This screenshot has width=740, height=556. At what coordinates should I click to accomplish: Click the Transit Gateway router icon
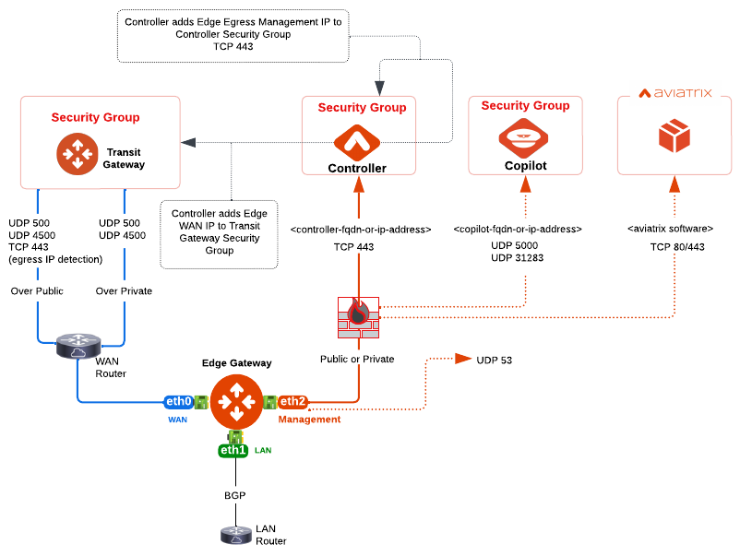77,154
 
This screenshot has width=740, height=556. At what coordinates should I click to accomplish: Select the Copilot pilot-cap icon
524,139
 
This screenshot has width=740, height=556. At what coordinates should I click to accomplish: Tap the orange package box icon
674,136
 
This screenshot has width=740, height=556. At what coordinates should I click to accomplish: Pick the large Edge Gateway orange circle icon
236,402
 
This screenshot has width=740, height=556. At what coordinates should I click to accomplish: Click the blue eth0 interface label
178,402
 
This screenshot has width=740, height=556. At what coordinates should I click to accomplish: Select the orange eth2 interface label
292,402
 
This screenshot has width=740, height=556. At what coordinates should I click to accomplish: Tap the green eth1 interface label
233,450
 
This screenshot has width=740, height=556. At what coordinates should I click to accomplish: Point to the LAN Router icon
235,534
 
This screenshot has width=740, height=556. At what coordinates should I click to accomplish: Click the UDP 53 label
494,359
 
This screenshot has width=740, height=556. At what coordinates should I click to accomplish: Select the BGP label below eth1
235,495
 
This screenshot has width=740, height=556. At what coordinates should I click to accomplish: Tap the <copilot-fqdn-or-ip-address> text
517,228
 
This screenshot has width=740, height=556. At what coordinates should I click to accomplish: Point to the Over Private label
124,291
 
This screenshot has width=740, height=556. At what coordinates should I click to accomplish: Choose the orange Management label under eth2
309,420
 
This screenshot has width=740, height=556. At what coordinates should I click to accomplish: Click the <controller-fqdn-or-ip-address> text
361,229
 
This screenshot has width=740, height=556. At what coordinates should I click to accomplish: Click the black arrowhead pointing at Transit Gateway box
188,142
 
